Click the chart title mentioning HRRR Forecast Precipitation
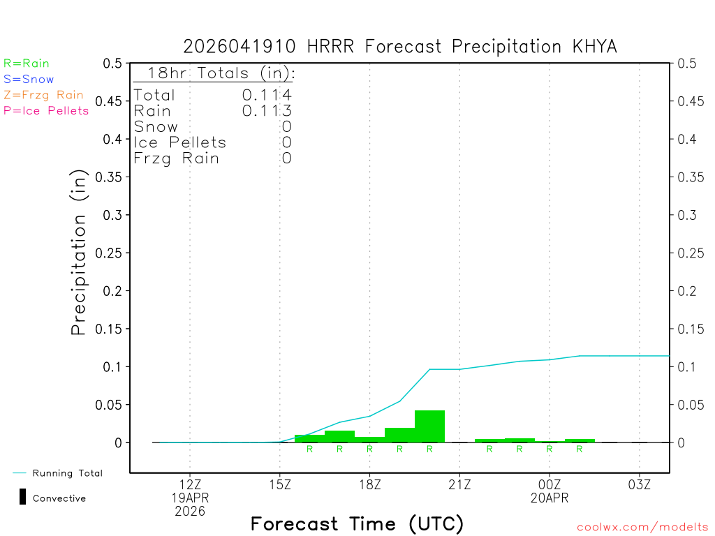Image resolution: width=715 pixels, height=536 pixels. [x=400, y=46]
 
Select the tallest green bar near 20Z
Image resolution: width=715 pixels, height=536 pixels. [x=429, y=426]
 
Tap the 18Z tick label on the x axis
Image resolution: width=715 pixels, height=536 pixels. [x=369, y=484]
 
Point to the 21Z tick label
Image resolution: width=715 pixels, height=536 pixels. [x=459, y=484]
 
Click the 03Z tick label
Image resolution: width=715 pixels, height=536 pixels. [x=640, y=484]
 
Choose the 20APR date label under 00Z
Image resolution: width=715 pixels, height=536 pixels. [x=550, y=498]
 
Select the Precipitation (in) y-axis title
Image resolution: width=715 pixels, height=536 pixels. [x=79, y=253]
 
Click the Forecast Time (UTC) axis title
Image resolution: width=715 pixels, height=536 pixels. [x=357, y=523]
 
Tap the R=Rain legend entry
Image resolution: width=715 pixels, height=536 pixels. [x=27, y=64]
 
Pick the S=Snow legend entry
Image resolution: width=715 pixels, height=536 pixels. [x=29, y=80]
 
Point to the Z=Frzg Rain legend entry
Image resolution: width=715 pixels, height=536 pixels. [x=43, y=95]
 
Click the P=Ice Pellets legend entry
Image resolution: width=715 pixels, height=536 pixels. [x=46, y=110]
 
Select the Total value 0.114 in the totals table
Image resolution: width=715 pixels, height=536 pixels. [x=267, y=95]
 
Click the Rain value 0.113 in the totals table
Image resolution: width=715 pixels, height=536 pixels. [x=267, y=110]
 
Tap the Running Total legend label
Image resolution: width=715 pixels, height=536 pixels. [x=67, y=473]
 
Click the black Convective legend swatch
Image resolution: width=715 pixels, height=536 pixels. [x=22, y=497]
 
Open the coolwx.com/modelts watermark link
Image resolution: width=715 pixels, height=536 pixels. [x=642, y=528]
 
